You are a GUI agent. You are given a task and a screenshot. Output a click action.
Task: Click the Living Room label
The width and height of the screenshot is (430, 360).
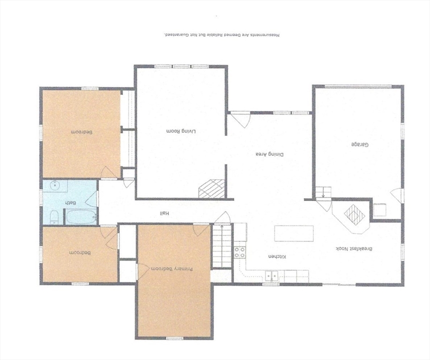coord(182,131)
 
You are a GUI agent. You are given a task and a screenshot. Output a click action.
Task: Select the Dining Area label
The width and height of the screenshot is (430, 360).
coord(270,154)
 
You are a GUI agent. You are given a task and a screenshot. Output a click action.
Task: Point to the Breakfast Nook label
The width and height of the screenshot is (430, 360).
coord(354,249)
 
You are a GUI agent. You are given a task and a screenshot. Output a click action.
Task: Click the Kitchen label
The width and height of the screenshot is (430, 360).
coord(277,256)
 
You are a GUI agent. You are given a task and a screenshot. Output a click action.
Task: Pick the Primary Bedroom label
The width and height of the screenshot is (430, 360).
coord(171,269)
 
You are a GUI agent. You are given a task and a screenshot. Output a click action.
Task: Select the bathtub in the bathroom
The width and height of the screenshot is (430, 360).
coord(81,217)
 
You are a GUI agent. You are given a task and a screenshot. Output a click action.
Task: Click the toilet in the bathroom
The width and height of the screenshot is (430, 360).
coord(54,217)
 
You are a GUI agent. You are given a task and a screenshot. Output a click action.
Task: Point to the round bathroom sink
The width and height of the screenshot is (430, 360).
coord(55,186)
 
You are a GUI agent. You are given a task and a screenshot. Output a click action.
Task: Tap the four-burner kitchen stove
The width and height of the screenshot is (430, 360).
coord(240,253)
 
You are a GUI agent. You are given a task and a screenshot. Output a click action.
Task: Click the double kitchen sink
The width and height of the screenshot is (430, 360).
coord(272,276)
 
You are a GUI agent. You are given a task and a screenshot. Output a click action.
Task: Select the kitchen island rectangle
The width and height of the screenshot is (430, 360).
coord(294,233)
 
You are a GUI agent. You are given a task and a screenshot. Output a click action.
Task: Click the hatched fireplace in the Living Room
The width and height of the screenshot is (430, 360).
coord(211,189)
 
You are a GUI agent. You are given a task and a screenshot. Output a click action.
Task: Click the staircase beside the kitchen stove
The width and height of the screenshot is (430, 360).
coord(222,246)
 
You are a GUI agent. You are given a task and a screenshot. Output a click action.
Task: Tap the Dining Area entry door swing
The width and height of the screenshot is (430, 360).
coord(240,120)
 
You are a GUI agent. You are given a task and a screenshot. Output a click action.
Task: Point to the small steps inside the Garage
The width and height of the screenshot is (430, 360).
coord(323,192)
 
